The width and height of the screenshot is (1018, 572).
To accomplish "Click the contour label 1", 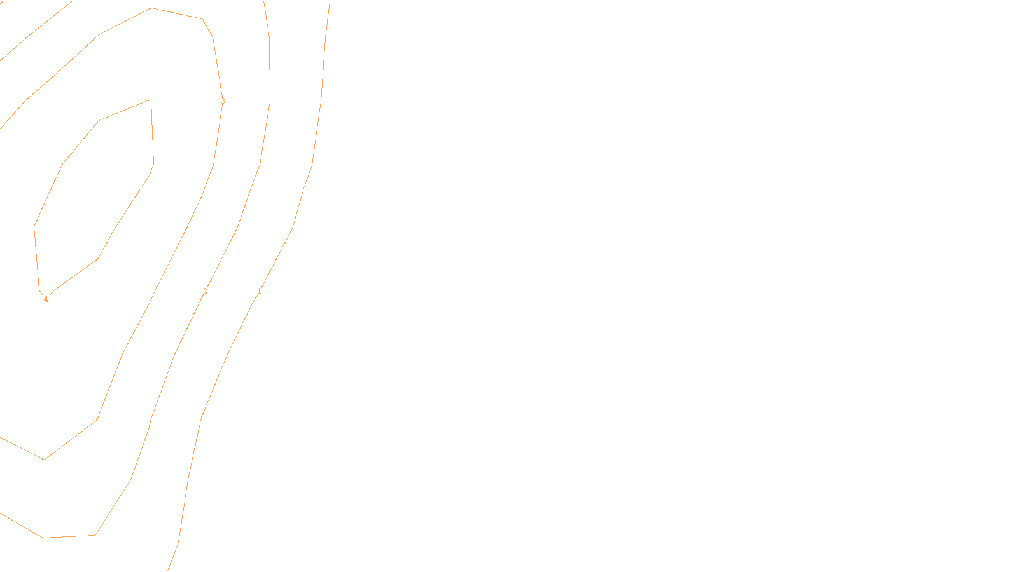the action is pos(259,291).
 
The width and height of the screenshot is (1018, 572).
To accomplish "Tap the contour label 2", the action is pos(205,291).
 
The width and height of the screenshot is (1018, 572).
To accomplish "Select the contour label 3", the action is pos(223,100).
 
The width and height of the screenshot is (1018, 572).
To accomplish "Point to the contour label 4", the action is pos(46,299).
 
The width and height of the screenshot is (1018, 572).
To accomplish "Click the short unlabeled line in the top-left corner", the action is pos(35,31).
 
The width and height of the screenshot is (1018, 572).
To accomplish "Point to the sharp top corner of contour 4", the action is pos(150,100).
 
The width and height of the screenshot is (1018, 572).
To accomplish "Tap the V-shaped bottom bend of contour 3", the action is pos(45,459).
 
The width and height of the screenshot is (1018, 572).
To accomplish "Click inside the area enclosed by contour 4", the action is pos(95,191).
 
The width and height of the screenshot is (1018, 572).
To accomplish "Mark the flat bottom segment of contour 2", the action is pos(69,536).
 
